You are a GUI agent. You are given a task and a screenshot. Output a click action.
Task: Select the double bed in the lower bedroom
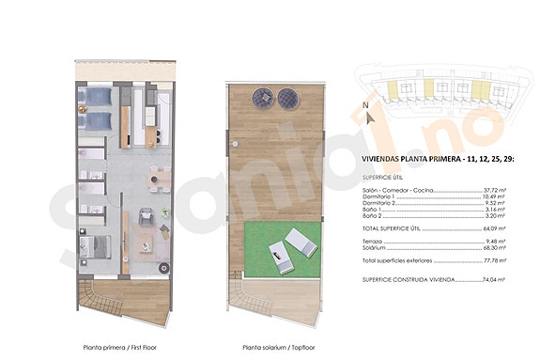tap(99, 247)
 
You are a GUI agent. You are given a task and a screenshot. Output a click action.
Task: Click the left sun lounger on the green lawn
tap(280, 249)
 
